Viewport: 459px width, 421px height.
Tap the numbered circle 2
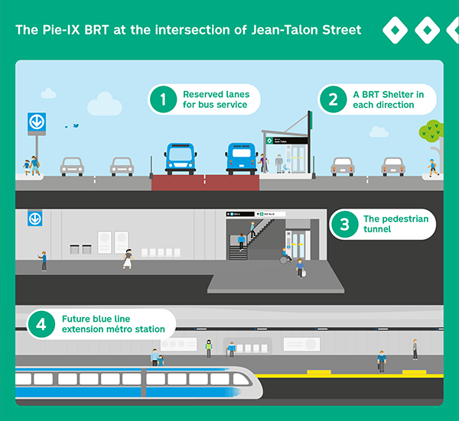(333, 99)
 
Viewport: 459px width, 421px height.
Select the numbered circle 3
(344, 224)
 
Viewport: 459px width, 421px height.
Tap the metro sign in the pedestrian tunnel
(34, 219)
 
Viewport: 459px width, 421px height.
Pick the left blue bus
(181, 158)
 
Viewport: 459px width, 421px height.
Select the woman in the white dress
(128, 259)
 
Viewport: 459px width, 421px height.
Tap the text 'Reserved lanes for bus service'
(210, 99)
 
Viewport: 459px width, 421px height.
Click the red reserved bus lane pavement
(205, 183)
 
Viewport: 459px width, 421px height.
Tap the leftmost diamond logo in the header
(393, 31)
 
